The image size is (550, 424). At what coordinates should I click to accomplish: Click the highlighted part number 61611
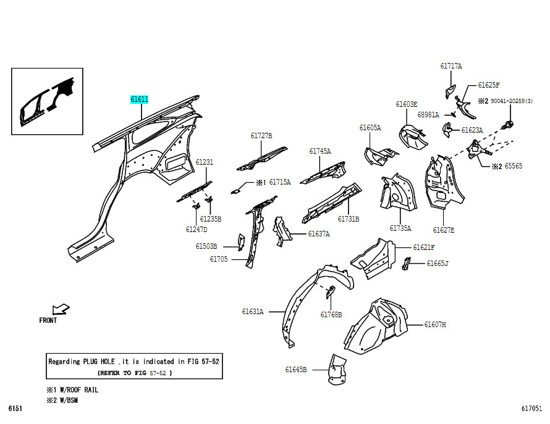pos(139,99)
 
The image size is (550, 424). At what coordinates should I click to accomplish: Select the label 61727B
pos(261,136)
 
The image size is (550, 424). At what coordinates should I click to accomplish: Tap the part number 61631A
pos(253,312)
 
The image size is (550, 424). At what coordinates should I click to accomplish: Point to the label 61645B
pos(296,370)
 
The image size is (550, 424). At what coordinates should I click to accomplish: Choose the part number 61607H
pos(435,325)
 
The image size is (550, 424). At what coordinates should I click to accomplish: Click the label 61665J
pos(438,264)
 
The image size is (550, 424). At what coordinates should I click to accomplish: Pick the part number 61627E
pos(443,230)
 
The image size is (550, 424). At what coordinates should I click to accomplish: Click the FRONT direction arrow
pos(61,309)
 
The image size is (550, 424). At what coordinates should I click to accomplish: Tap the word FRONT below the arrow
pos(48,320)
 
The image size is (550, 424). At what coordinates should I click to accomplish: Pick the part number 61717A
pos(451,66)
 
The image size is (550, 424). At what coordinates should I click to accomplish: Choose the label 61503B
pos(206,246)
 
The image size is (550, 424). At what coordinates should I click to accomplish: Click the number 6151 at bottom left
pos(15,409)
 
